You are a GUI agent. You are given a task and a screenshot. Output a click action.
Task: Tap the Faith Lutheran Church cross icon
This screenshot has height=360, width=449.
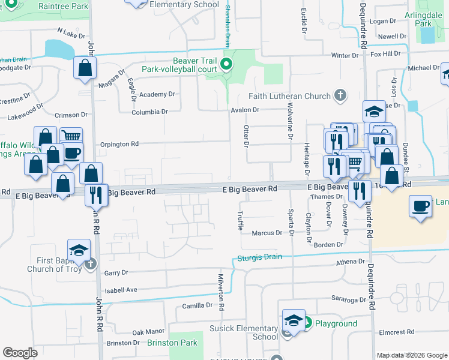point(340,95)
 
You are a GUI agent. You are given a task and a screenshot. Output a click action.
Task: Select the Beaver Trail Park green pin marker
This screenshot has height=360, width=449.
point(227,65)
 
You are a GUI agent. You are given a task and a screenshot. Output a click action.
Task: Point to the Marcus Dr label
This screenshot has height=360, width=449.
point(267,233)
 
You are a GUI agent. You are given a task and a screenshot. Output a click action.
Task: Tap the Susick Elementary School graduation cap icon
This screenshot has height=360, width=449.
point(293,320)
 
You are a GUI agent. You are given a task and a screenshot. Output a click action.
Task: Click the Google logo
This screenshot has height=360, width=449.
point(20,353)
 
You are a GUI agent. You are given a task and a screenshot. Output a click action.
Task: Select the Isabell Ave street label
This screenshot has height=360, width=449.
point(121,290)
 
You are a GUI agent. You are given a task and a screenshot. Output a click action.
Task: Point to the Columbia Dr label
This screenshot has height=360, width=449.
point(150,112)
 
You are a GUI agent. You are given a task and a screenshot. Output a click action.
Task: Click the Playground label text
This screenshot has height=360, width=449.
point(336,324)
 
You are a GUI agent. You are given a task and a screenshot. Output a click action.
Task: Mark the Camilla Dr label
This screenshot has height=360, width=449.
point(197,305)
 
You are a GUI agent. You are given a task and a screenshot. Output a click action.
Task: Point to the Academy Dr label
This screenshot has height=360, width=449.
point(157,95)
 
